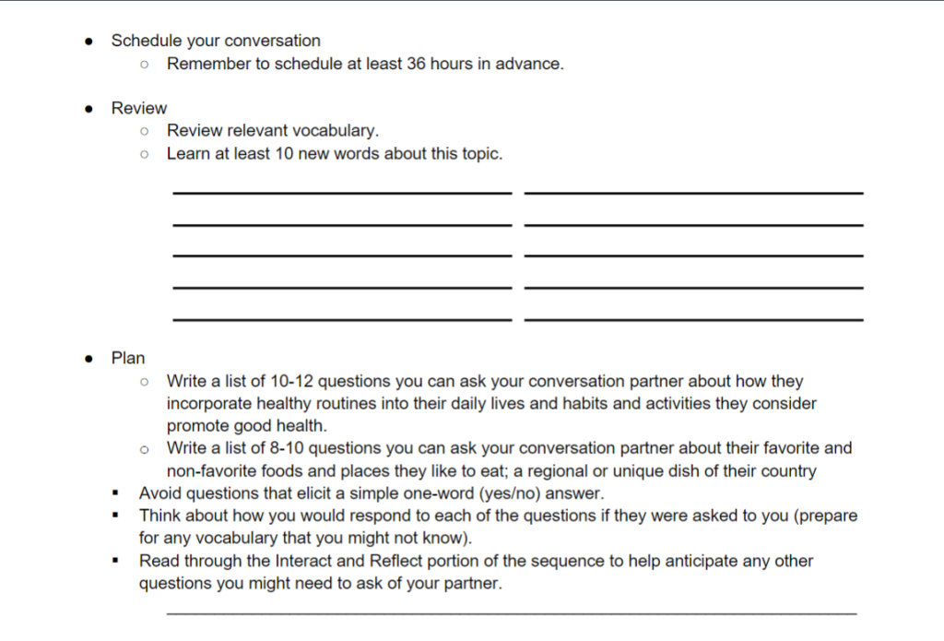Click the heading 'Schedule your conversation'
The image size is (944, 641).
point(216,41)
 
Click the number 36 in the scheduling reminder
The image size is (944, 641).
point(420,65)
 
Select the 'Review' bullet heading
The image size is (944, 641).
point(138,108)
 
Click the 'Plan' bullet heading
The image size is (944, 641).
point(128,358)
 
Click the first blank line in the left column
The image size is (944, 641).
point(341,193)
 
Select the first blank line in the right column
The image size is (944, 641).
point(693,193)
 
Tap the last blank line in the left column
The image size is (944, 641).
point(341,319)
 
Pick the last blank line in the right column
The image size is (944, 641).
point(693,319)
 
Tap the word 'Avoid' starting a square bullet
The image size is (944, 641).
point(159,493)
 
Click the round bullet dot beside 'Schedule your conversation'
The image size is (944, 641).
point(88,42)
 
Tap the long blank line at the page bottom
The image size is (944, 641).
point(511,612)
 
